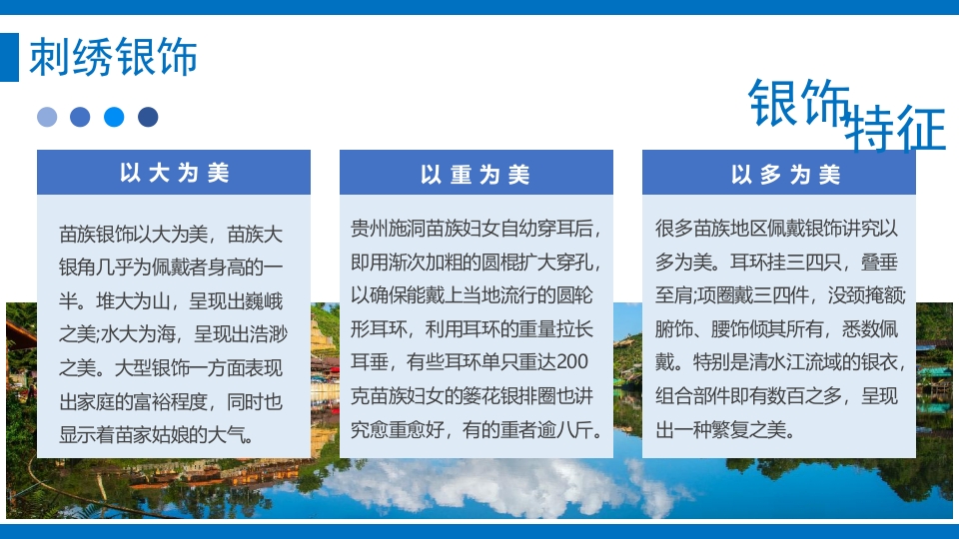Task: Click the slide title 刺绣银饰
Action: coord(113,57)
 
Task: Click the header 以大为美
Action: coord(174,173)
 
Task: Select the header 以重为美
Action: coord(476,175)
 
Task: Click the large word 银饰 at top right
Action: coord(799,104)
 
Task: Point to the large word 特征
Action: coord(895,130)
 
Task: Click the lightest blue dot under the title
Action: coord(47,117)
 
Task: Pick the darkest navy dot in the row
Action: coord(148,117)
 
